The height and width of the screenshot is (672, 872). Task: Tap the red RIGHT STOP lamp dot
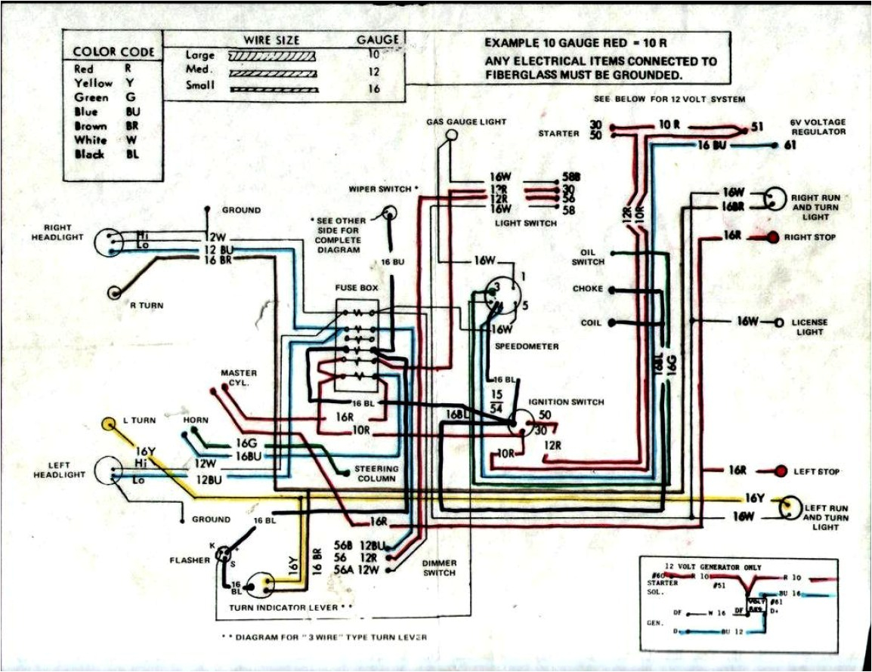[x=773, y=238]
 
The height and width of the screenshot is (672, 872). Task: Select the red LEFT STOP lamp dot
[x=781, y=472]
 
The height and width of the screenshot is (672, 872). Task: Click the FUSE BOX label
[x=357, y=288]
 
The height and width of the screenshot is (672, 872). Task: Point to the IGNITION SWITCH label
[x=566, y=402]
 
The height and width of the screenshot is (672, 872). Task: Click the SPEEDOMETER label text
[x=527, y=347]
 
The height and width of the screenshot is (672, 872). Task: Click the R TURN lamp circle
[x=116, y=292]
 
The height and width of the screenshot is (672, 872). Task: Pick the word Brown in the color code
[x=90, y=126]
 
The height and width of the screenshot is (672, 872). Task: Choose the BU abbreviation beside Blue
[x=133, y=112]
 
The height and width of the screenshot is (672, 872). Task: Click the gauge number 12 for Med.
[x=373, y=72]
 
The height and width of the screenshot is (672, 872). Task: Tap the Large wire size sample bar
[x=271, y=56]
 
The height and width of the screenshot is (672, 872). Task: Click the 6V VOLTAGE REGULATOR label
[x=818, y=127]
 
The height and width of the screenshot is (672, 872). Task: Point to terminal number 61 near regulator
[x=791, y=146]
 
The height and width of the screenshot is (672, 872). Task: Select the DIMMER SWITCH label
[x=439, y=568]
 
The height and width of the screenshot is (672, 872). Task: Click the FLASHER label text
[x=190, y=560]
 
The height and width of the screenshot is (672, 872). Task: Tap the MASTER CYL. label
[x=239, y=378]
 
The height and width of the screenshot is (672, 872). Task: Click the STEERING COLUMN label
[x=376, y=473]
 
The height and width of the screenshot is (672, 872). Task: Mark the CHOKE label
[x=588, y=288]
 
